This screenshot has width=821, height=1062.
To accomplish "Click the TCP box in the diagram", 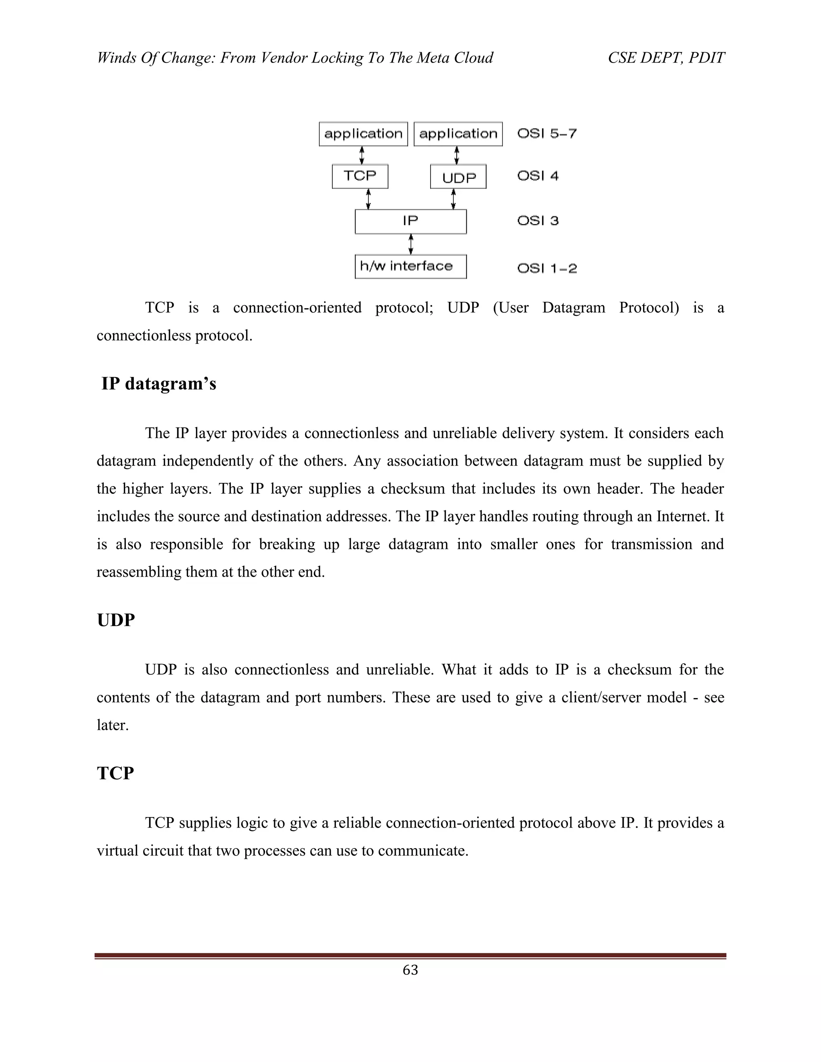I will pos(360,176).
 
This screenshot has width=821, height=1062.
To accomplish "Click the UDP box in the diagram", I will pos(458,177).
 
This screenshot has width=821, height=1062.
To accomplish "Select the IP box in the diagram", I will pos(410,221).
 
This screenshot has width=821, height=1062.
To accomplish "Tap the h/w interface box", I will pos(410,267).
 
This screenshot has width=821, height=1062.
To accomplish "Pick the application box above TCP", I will pos(363,134).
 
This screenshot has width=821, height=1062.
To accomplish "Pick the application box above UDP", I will pos(458,134).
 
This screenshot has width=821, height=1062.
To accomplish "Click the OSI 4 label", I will pos(538,176).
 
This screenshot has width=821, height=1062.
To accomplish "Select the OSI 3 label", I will pos(538,221).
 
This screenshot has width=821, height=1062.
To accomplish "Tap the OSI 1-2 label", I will pos(547,269).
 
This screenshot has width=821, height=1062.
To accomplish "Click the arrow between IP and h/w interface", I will pos(411,244).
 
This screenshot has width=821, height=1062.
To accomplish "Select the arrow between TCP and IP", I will pos(368,199).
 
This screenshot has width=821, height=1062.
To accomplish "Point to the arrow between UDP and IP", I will pos(453,199).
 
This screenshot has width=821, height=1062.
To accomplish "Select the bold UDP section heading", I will pos(116,620).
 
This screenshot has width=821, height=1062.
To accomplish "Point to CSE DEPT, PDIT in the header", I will pos(666,58).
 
